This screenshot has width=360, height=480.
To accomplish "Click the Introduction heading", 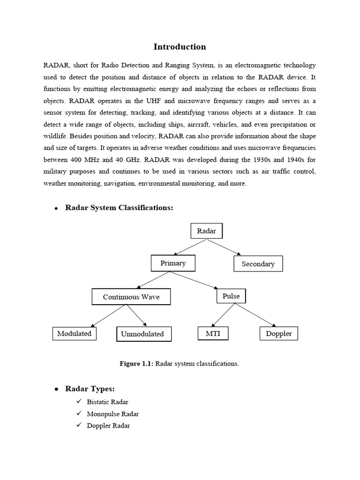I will pos(180,47).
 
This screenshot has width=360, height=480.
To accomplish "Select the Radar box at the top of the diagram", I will pos(206,231).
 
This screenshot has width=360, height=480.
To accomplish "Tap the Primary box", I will pos(173,263).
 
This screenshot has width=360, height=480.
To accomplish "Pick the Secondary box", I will pos(258,264).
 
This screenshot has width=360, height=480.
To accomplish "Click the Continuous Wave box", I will pos(131,297).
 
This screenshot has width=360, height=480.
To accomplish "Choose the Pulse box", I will pos(231,296).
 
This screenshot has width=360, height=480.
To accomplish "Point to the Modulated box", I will pos(74,334).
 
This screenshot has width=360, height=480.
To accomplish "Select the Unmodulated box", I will pos(142,334).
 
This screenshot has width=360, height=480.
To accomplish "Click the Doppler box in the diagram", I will pos(279,334).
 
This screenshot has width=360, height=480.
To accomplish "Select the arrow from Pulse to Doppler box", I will pos(255,315).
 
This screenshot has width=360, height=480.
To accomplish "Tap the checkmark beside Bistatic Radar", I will pos(78,402).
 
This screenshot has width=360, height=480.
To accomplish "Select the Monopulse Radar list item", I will pos(112,414).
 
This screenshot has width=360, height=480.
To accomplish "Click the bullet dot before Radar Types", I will pos(56,389).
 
